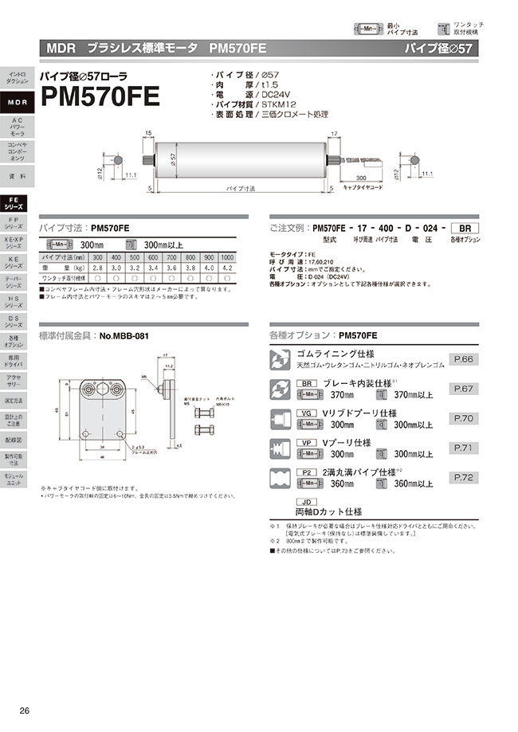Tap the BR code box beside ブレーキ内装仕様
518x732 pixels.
click(x=307, y=383)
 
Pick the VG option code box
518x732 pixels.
click(x=307, y=413)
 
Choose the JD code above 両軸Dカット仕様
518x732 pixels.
click(x=307, y=502)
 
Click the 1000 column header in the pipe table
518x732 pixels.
click(x=227, y=257)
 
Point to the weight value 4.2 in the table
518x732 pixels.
click(x=227, y=268)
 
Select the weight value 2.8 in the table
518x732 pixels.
click(x=97, y=268)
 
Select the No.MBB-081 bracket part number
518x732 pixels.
click(x=124, y=337)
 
